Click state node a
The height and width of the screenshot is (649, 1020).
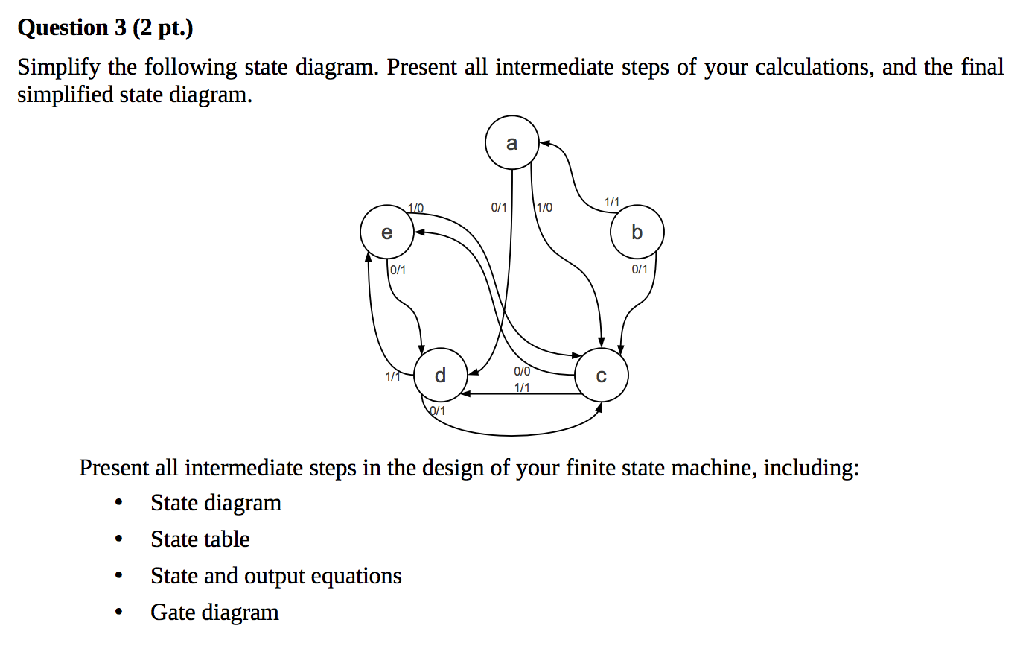pos(511,144)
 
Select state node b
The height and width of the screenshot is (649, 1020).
pos(637,233)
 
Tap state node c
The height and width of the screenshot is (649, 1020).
pos(602,376)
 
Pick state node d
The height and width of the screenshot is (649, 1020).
pos(440,375)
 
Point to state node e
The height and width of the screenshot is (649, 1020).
pos(386,233)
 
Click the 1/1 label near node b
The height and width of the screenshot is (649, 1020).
pos(611,201)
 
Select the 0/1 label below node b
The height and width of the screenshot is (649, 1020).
pos(640,268)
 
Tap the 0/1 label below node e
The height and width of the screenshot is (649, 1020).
pos(398,269)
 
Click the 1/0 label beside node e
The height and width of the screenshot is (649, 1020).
pos(416,206)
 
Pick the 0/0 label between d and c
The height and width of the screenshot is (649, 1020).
pos(522,371)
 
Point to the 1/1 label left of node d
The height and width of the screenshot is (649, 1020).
pos(393,376)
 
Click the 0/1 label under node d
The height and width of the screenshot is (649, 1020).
pos(438,411)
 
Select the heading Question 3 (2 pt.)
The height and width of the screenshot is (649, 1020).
pos(105,28)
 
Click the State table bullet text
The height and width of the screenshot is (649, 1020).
pos(200,539)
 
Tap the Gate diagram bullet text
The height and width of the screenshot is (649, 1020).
pos(214,612)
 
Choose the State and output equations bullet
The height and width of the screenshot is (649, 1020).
pos(275,575)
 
